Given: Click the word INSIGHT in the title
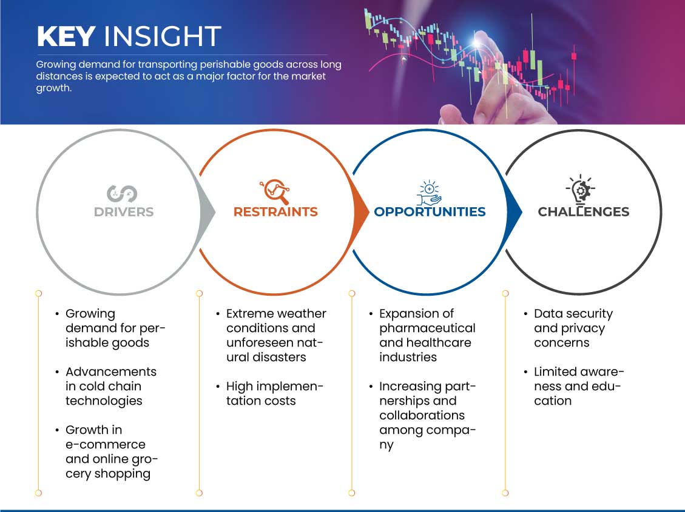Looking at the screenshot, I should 163,36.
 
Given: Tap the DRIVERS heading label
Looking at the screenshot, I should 124,212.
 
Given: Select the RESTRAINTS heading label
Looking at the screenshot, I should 275,212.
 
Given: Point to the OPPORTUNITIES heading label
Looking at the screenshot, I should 430,212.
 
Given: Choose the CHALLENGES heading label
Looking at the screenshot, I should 583,212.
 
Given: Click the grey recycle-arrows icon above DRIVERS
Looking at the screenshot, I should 122,193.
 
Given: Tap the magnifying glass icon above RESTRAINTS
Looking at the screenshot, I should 274,191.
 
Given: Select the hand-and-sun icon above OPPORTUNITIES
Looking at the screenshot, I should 430,192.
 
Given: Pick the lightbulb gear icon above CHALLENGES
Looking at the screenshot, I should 581,190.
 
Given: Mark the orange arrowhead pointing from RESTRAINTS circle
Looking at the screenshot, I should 362,211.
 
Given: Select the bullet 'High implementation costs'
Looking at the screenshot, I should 274,393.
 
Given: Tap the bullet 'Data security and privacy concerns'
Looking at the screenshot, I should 573,328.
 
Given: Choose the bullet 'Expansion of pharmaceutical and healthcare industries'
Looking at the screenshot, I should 427,335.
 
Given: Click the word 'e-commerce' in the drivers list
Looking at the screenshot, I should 105,444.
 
